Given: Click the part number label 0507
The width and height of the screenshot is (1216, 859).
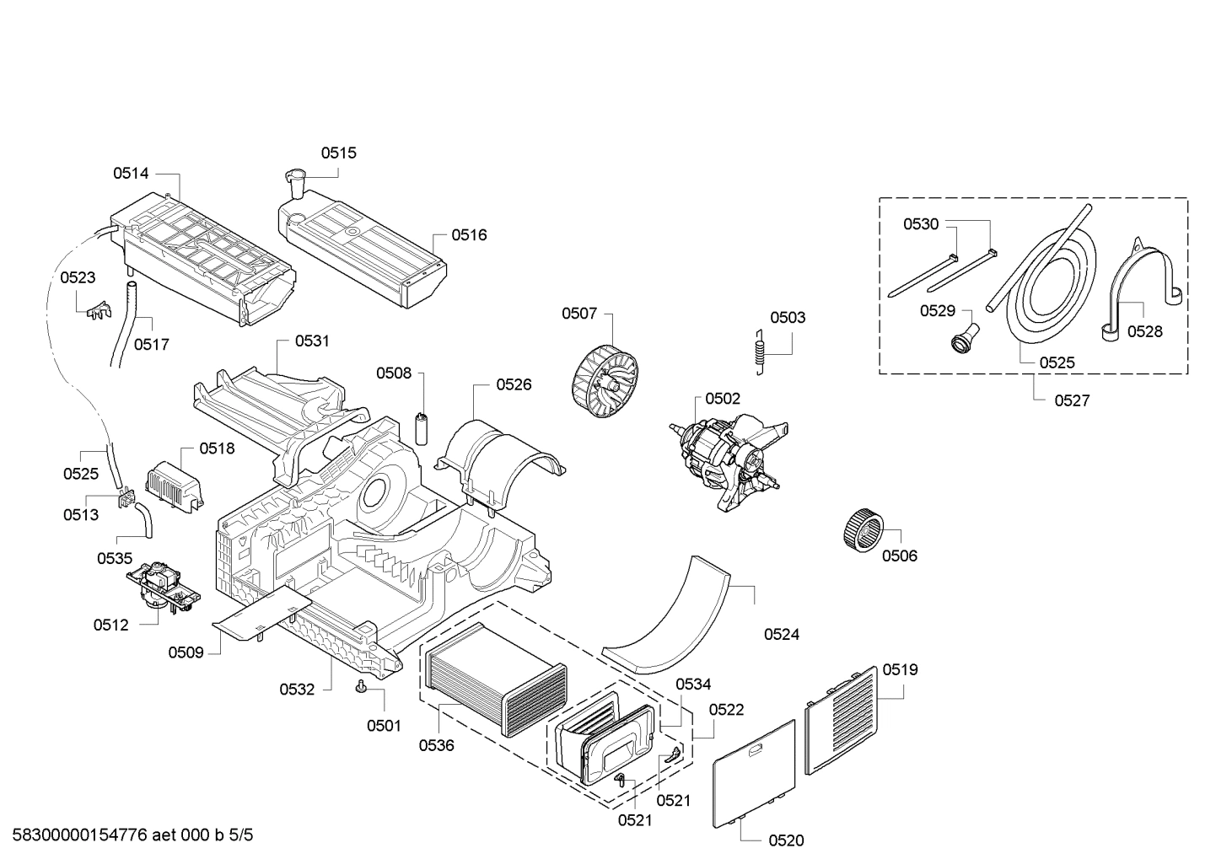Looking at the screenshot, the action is (579, 314).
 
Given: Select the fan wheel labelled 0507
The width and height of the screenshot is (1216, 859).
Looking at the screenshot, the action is (605, 382).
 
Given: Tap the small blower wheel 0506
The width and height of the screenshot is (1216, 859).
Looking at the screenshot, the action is (864, 530).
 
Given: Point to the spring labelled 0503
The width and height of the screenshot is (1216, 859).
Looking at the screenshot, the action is (761, 352).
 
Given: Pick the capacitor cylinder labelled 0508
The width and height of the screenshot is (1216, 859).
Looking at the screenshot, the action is (422, 429).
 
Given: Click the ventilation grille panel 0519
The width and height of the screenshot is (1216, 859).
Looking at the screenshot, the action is (841, 720).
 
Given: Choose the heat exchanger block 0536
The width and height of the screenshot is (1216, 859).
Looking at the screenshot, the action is (494, 682).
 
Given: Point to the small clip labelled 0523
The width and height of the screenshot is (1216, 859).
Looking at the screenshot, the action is (99, 311).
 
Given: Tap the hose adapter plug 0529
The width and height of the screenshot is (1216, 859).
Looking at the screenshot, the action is (964, 336).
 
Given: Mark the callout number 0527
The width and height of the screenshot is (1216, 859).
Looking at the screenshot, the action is (1072, 400).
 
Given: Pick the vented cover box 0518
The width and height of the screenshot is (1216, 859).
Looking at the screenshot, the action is (175, 485).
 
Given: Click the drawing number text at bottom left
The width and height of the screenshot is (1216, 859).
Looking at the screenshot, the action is (132, 835).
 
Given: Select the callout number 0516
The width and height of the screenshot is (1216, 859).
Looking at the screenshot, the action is (469, 235).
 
